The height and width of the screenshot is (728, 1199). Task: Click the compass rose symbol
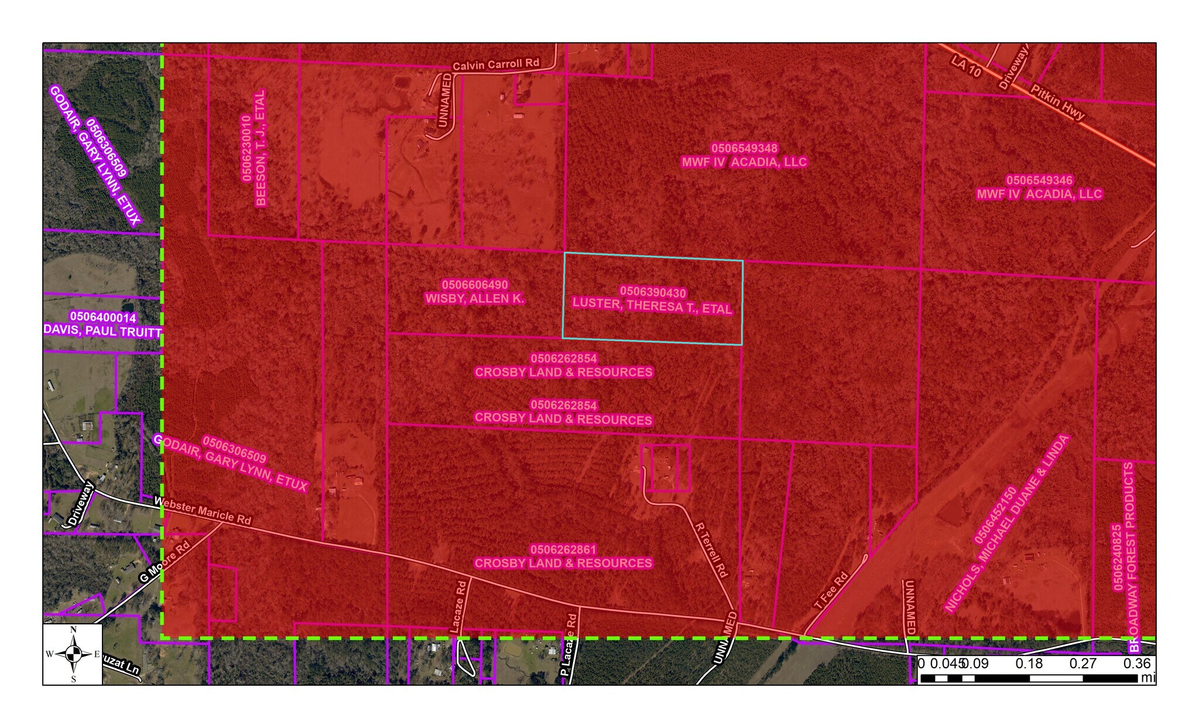73,654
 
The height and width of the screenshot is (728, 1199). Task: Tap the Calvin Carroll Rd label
496,64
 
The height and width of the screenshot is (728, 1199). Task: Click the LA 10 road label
966,67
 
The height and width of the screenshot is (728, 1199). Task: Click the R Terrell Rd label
711,549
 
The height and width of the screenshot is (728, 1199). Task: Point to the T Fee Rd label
831,592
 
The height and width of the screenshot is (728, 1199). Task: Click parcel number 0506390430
653,292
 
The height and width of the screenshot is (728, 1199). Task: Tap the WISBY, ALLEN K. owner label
475,299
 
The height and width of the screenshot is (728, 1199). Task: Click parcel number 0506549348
745,148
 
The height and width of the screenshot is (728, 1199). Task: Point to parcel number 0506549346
1039,180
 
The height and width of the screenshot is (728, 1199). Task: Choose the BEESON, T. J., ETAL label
261,148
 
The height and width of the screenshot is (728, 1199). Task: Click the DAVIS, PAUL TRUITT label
102,331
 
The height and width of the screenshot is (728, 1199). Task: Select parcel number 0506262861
563,549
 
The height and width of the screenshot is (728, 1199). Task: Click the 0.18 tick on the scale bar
1029,664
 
